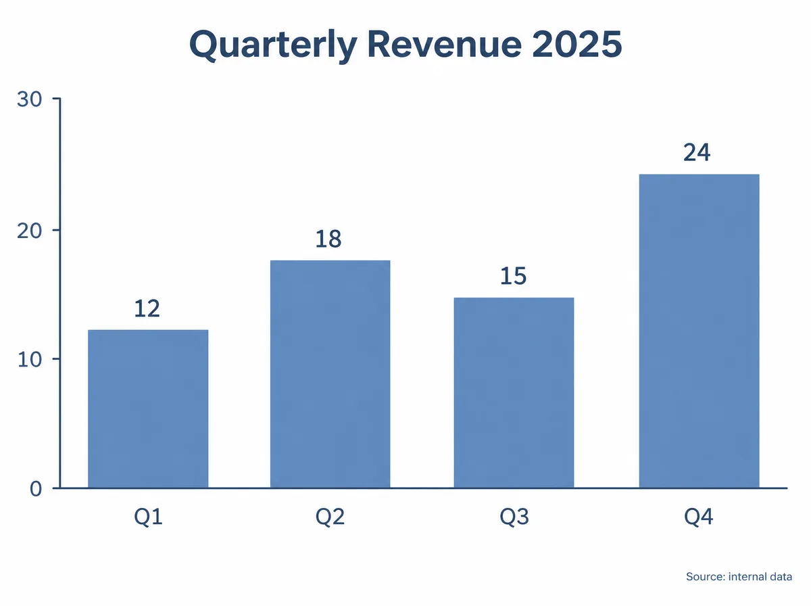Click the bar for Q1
(148, 409)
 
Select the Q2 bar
(330, 374)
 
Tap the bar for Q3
(514, 392)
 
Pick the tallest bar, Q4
(699, 331)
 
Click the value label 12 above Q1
(147, 308)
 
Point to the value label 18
(328, 239)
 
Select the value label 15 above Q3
(513, 276)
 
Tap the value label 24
(697, 152)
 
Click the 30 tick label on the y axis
(29, 99)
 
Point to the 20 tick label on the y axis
(29, 231)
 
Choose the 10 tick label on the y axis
(29, 359)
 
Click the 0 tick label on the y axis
(36, 489)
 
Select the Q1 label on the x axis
(148, 517)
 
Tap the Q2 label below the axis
(330, 517)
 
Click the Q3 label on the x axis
(514, 517)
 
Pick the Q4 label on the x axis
(698, 517)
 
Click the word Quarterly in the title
(273, 45)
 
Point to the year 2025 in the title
(577, 44)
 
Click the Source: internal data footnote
(739, 576)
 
